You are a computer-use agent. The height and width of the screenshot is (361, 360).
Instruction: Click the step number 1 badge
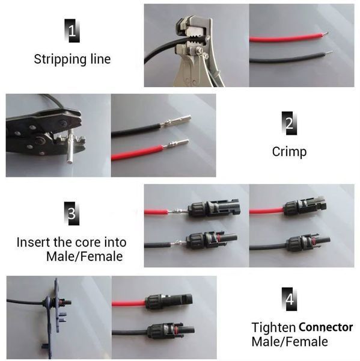pyautogui.click(x=72, y=31)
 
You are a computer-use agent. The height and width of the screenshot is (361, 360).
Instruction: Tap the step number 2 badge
pyautogui.click(x=289, y=123)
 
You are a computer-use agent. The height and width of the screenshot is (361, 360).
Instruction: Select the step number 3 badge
pyautogui.click(x=72, y=214)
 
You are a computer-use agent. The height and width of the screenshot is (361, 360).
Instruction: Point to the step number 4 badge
pyautogui.click(x=289, y=299)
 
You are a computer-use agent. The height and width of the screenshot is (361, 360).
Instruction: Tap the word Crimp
pyautogui.click(x=289, y=152)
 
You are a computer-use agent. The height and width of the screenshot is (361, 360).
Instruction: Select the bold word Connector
pyautogui.click(x=326, y=327)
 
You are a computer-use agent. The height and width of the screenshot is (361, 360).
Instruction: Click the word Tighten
pyautogui.click(x=273, y=327)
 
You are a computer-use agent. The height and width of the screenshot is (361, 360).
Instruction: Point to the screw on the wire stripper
pyautogui.click(x=198, y=50)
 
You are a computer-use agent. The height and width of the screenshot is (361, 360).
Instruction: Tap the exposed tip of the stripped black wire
pyautogui.click(x=329, y=53)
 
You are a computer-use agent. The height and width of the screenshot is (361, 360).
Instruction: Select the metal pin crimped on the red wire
pyautogui.click(x=175, y=143)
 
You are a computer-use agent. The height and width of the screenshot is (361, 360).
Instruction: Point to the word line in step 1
pyautogui.click(x=100, y=59)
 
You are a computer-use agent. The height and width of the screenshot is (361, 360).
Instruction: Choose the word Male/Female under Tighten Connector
pyautogui.click(x=290, y=341)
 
